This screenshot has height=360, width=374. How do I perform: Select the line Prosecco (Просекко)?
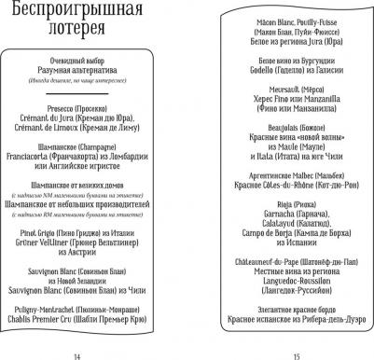pos(94,131)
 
